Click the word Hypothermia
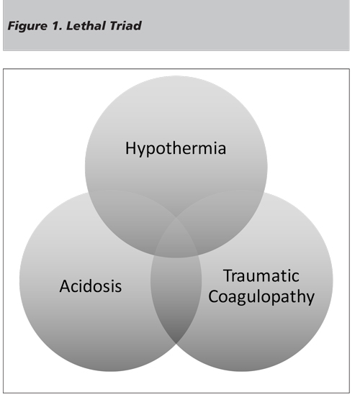(176, 149)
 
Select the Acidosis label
(91, 286)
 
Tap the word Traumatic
(261, 275)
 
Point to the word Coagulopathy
(261, 297)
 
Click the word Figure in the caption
(27, 27)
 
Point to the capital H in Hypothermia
(131, 148)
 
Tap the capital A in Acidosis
(65, 286)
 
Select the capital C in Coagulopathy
(214, 296)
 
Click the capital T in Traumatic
(228, 275)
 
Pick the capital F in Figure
(12, 26)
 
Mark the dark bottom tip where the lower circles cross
(176, 343)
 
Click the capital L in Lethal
(70, 26)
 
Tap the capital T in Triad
(112, 26)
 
